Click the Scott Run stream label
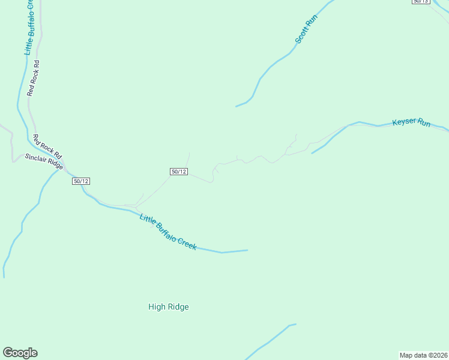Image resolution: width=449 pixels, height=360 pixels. pyautogui.click(x=306, y=29)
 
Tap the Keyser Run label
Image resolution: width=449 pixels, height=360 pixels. pyautogui.click(x=411, y=122)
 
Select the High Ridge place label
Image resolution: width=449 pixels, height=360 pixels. pyautogui.click(x=169, y=307)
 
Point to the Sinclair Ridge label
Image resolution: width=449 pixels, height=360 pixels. pyautogui.click(x=44, y=161)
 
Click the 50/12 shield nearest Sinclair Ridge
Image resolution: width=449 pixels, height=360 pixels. pyautogui.click(x=81, y=181)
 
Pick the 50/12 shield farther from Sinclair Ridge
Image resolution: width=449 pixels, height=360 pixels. pyautogui.click(x=179, y=172)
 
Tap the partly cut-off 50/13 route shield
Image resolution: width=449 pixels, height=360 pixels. pyautogui.click(x=421, y=2)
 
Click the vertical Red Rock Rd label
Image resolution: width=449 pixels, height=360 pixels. pyautogui.click(x=33, y=77)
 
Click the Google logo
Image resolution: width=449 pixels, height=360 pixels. pyautogui.click(x=20, y=353)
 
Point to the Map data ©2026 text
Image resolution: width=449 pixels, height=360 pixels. pyautogui.click(x=423, y=355)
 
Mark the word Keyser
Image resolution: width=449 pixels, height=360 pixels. pyautogui.click(x=403, y=122)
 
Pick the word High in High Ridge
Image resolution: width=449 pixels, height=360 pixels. pyautogui.click(x=156, y=307)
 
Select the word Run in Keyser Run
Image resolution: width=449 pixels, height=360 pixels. pyautogui.click(x=424, y=124)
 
